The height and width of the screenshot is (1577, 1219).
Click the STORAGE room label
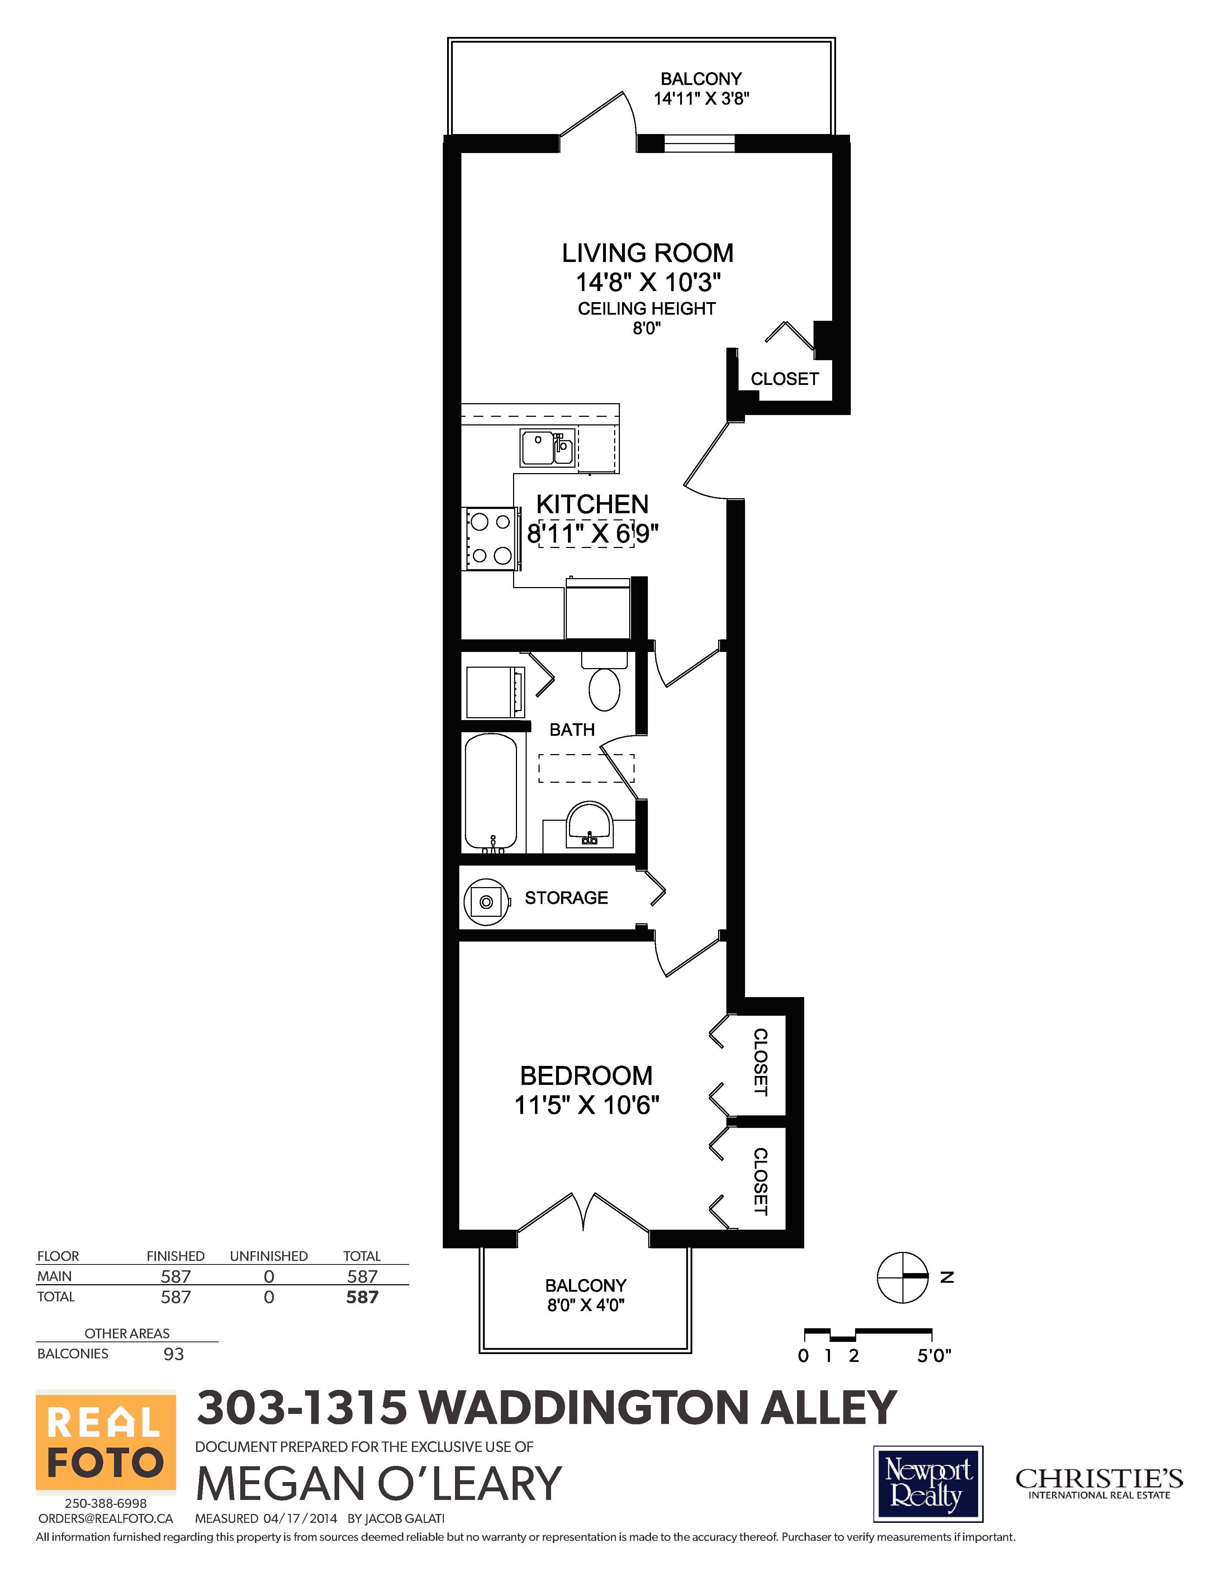[566, 897]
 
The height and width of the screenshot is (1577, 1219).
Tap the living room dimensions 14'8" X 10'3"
[648, 282]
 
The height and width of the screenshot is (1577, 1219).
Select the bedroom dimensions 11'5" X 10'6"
[587, 1105]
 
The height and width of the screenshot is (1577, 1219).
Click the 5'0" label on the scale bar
[934, 1356]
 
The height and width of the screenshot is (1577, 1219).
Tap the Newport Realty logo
[928, 1484]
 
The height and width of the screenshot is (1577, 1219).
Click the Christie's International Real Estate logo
[1099, 1484]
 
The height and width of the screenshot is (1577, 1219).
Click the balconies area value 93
[173, 1354]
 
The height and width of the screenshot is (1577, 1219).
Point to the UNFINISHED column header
[269, 1256]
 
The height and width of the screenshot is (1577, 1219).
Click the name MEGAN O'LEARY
[378, 1484]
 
